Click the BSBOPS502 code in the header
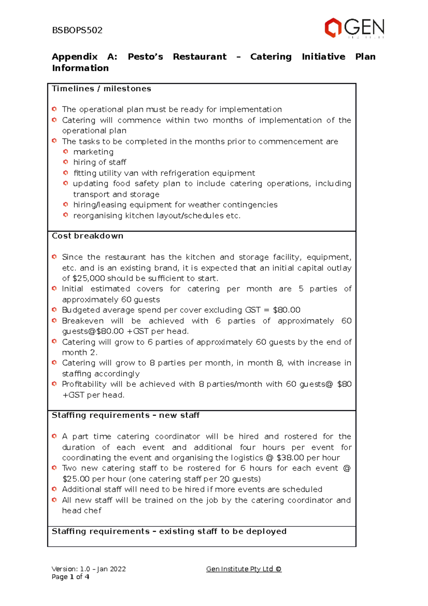coord(77,30)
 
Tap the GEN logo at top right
coord(354,28)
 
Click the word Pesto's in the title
coord(145,57)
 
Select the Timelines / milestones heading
coord(101,89)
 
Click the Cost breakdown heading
coord(87,236)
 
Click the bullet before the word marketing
coord(66,152)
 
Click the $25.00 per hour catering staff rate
coord(76,479)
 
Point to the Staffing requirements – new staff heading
coord(126,415)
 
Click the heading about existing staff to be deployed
coord(169,531)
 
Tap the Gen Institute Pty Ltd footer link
coord(244,569)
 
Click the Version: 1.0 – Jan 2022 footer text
coord(88,569)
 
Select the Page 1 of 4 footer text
coord(70,577)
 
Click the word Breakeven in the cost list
coord(83,321)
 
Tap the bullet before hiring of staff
coord(66,162)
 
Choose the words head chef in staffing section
coord(82,511)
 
